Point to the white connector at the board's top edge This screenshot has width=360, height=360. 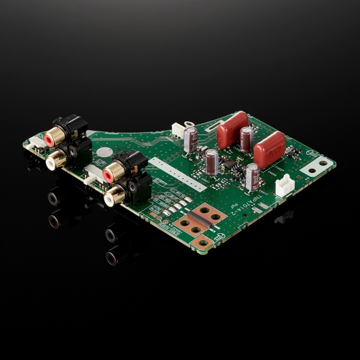point(177,130)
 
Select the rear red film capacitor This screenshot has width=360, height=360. point(232,130)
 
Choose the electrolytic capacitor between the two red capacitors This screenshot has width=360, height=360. point(246,138)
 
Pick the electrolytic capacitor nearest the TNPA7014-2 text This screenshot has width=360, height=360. point(252,176)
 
